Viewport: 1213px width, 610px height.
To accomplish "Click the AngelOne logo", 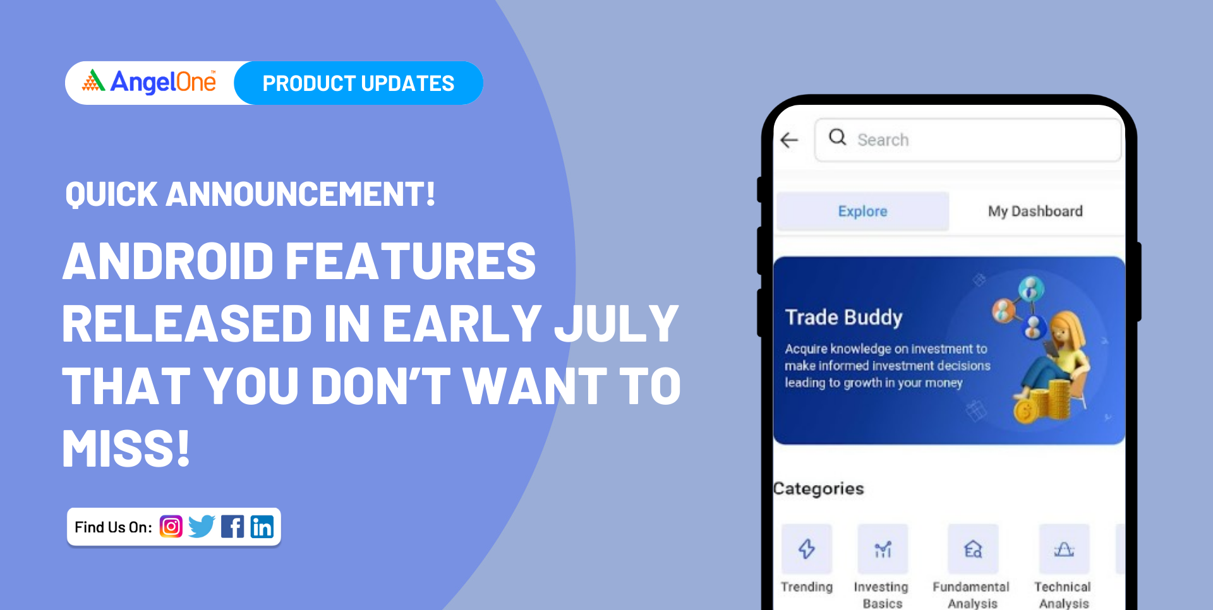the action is pyautogui.click(x=149, y=82).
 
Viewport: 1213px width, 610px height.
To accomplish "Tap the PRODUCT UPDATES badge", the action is pyautogui.click(x=358, y=83).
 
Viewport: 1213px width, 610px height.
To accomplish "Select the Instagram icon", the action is pyautogui.click(x=171, y=527).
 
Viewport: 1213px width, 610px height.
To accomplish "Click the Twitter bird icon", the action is pyautogui.click(x=202, y=527).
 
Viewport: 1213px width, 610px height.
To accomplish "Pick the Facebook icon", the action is pyautogui.click(x=232, y=527).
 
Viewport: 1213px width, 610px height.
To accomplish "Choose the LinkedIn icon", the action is pyautogui.click(x=262, y=527).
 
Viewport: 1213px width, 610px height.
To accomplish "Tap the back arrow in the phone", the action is pyautogui.click(x=790, y=140).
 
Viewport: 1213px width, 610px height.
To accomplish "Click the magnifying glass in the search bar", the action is pyautogui.click(x=838, y=137).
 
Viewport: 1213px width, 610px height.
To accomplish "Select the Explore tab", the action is pyautogui.click(x=862, y=211).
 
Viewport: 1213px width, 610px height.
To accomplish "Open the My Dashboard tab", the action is pyautogui.click(x=1035, y=211).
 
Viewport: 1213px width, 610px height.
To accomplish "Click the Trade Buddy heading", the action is pyautogui.click(x=844, y=317).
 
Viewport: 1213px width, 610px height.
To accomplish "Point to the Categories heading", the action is pyautogui.click(x=819, y=488).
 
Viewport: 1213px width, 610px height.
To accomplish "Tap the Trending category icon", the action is pyautogui.click(x=807, y=549).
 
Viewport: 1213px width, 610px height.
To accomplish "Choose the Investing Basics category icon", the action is pyautogui.click(x=883, y=549).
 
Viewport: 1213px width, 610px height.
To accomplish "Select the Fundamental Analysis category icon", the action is pyautogui.click(x=973, y=549).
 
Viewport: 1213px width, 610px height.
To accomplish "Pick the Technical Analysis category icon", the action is pyautogui.click(x=1065, y=549).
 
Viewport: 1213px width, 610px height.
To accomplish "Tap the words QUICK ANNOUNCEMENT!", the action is pyautogui.click(x=250, y=194).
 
